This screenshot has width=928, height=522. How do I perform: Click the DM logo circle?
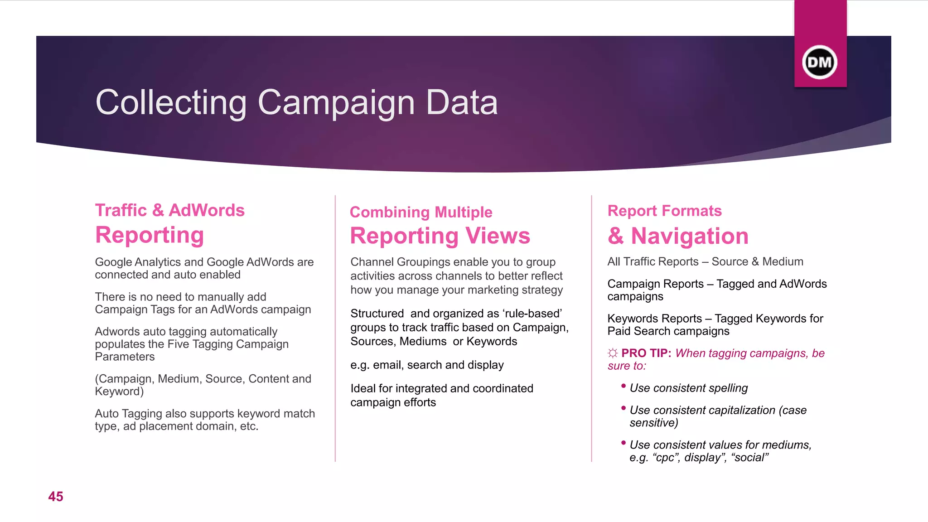820,62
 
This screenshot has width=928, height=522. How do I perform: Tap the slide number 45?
56,497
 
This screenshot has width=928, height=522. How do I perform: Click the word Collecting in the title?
171,102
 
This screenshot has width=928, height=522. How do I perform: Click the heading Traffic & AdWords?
170,210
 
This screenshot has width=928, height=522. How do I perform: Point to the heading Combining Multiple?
421,212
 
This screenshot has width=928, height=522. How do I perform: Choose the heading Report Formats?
664,211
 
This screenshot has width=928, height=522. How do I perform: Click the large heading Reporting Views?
440,236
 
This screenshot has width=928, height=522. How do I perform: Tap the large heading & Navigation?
678,236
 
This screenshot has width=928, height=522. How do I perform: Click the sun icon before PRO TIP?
613,353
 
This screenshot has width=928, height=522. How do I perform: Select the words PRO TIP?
646,353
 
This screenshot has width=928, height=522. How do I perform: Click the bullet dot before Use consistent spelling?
623,386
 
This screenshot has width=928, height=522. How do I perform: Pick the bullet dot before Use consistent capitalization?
623,408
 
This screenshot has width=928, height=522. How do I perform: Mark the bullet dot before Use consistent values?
623,443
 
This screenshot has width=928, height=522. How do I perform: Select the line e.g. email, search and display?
427,365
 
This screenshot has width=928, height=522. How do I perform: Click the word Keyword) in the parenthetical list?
119,391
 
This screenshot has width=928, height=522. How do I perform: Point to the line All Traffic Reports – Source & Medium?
705,261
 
